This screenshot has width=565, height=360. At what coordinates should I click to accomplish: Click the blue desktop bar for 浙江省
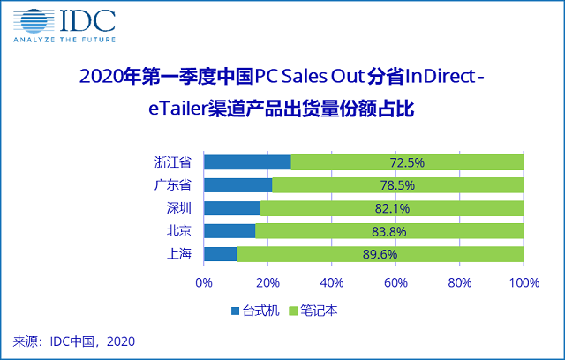[247, 162]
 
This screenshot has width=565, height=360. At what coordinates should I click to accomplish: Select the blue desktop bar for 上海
[220, 254]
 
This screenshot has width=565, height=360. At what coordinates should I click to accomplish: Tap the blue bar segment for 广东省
[237, 185]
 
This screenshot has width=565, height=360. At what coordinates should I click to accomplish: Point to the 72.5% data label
[407, 162]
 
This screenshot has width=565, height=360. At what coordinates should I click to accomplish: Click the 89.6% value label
[380, 254]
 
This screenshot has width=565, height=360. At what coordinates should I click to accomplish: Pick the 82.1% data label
[392, 208]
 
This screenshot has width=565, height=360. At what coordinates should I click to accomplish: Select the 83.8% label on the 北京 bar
[389, 231]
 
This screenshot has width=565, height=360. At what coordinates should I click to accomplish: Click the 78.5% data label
[397, 185]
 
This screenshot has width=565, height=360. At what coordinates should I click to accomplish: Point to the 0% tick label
[204, 283]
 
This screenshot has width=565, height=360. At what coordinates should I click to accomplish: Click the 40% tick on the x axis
[332, 283]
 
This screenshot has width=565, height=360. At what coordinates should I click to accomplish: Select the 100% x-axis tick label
[524, 283]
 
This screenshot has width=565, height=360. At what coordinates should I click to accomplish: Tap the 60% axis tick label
[396, 283]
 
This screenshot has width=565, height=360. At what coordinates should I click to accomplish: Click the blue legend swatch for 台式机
[235, 311]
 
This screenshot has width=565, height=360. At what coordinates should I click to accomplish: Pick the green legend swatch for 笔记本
[295, 311]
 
